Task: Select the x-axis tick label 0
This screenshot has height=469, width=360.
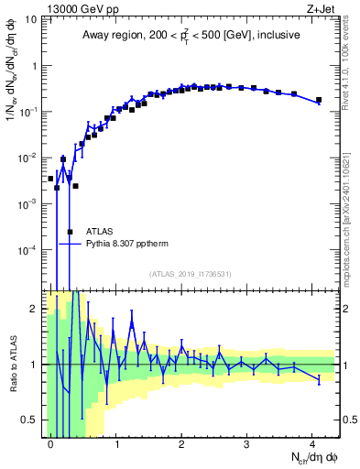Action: click(50, 443)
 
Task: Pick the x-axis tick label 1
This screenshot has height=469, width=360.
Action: click(115, 443)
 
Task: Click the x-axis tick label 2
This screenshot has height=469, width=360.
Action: click(181, 443)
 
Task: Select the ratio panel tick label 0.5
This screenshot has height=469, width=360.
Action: click(29, 420)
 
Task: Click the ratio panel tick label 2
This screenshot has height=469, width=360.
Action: click(35, 309)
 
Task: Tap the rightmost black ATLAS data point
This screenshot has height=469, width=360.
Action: click(319, 100)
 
